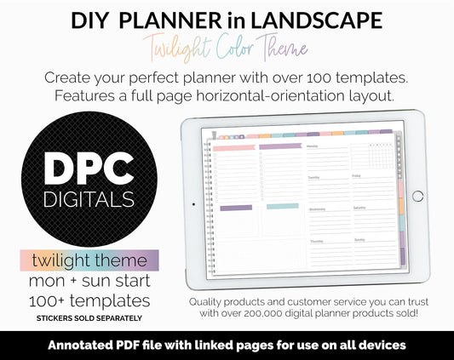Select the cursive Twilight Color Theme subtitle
point(227,45)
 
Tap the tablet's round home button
point(417,196)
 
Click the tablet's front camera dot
point(193,204)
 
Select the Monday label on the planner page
point(313,146)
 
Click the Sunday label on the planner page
point(359,240)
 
